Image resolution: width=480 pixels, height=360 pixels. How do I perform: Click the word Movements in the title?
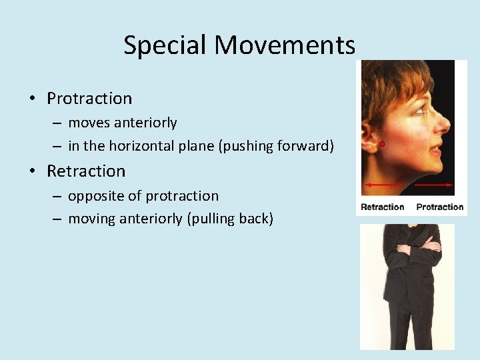click(285, 46)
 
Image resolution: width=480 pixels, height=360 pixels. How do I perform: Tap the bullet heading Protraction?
click(89, 99)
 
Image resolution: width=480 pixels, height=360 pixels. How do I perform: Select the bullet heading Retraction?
click(86, 171)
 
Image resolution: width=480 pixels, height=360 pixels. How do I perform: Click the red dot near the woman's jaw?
click(382, 143)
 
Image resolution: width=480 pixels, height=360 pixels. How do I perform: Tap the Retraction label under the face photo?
click(382, 207)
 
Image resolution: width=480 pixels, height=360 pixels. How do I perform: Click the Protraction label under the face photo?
click(439, 207)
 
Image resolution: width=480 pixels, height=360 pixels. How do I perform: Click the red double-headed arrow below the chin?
click(407, 183)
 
